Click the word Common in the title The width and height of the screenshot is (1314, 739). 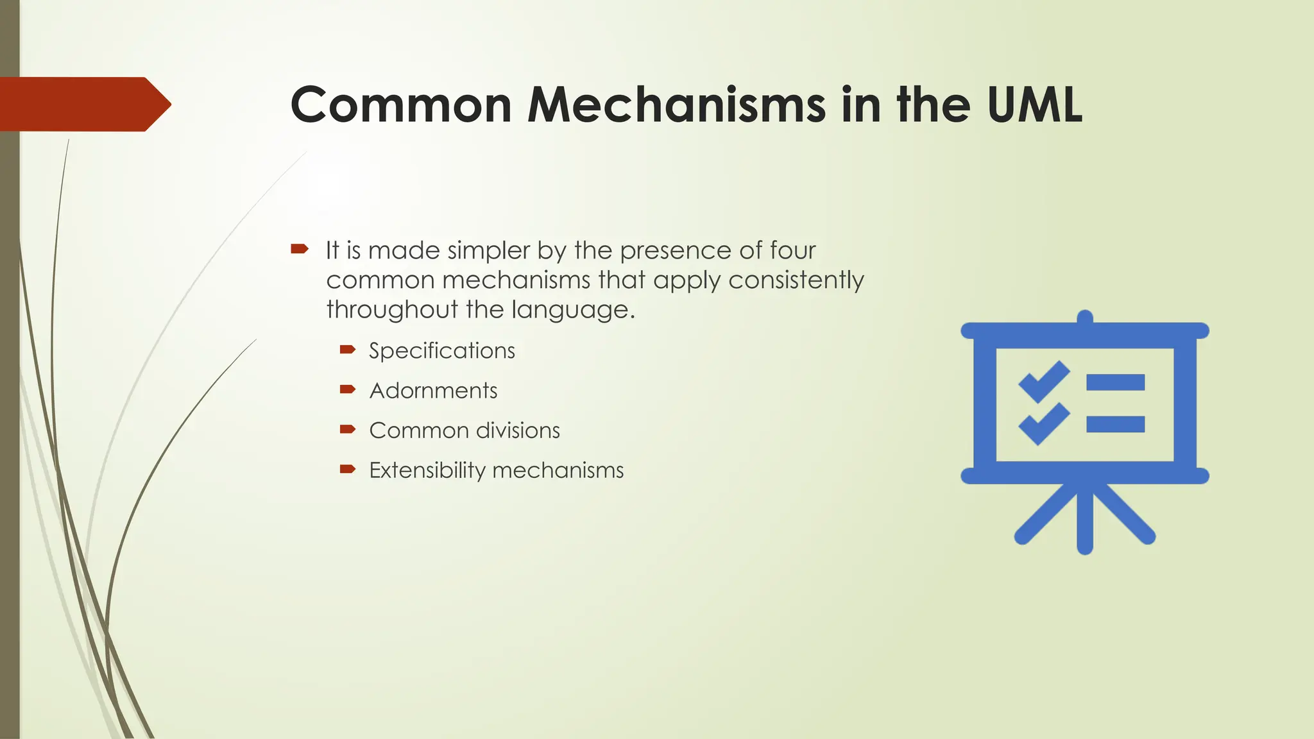point(401,105)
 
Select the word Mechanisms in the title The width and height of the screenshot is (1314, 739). point(676,105)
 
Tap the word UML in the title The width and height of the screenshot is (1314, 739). point(1034,105)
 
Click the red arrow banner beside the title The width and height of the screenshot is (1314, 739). point(83,104)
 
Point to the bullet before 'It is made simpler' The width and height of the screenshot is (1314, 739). point(300,249)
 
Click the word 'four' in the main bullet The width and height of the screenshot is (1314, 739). point(793,250)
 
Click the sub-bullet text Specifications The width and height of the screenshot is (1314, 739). point(442,351)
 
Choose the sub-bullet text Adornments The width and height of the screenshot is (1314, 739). point(433,391)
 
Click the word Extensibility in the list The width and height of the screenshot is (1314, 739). point(427,470)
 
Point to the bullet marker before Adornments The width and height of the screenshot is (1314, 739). point(348,389)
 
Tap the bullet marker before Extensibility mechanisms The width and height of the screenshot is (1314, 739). point(348,469)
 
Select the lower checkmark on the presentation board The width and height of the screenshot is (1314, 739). point(1044,424)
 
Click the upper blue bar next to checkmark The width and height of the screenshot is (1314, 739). point(1115,382)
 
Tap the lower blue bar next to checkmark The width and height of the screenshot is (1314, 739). point(1115,424)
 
